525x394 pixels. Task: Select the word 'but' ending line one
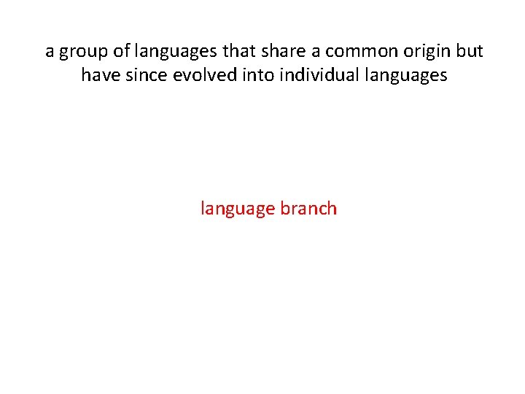point(470,52)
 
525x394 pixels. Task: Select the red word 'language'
point(238,209)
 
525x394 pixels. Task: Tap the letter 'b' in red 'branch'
point(285,208)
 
